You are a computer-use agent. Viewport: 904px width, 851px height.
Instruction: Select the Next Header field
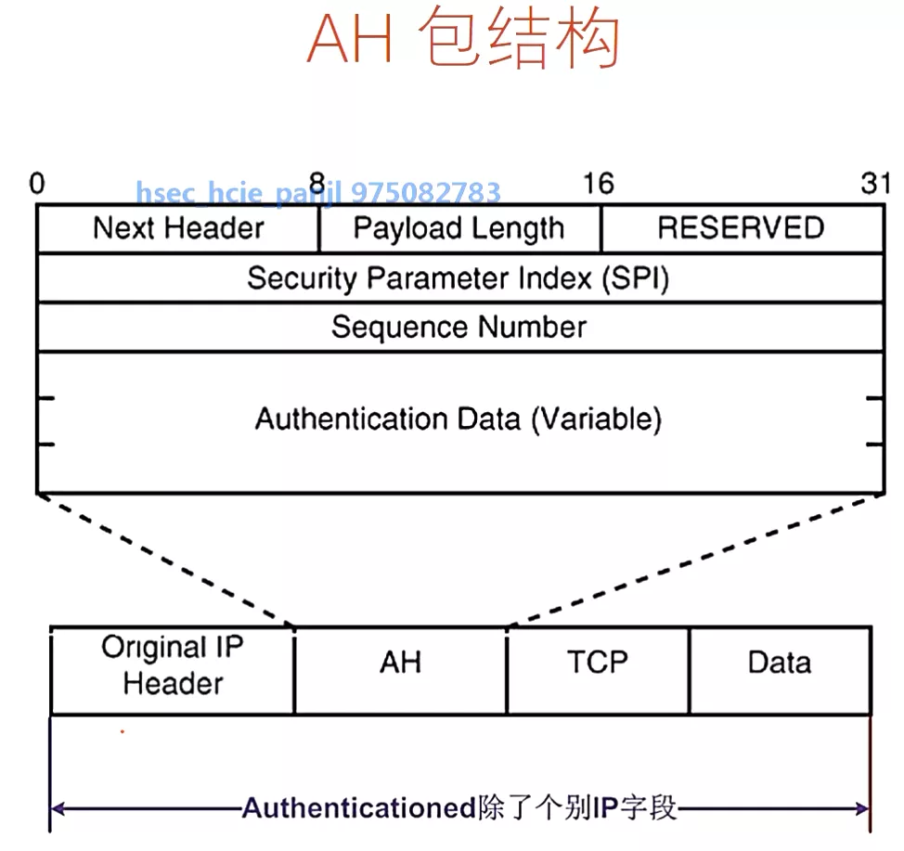click(x=178, y=228)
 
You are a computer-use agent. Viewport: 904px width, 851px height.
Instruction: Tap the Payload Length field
click(x=458, y=228)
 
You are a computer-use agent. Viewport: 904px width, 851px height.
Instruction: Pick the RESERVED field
click(x=741, y=228)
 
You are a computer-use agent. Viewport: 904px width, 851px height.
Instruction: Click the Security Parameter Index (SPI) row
click(x=458, y=277)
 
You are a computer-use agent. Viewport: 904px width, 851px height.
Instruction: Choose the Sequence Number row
click(x=458, y=327)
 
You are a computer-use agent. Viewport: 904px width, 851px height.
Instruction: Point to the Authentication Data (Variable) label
click(x=458, y=419)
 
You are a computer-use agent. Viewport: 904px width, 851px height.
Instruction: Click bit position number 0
click(x=36, y=184)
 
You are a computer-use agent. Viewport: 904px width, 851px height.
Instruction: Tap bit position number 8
click(x=317, y=182)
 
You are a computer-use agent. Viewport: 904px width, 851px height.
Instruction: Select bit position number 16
click(x=598, y=184)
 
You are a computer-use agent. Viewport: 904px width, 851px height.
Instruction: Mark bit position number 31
click(x=874, y=184)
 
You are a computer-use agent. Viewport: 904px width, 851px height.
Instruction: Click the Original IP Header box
click(x=173, y=665)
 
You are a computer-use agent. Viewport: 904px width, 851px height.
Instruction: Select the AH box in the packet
click(x=400, y=663)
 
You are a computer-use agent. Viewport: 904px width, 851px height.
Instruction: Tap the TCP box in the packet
click(x=597, y=663)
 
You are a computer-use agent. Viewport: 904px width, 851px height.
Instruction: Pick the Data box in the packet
click(x=779, y=663)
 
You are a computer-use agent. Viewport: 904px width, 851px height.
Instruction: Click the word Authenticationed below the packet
click(x=358, y=808)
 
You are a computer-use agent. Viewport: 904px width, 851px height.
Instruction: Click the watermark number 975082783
click(x=426, y=193)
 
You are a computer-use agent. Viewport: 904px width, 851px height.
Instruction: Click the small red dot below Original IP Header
click(x=122, y=731)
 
